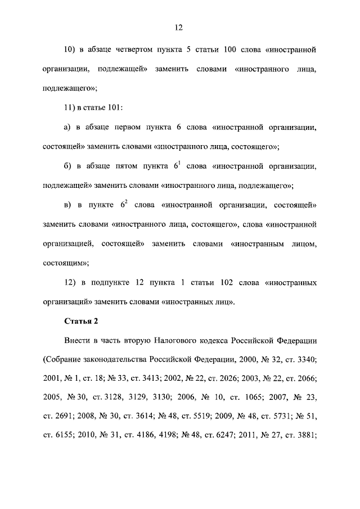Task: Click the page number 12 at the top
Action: point(179,27)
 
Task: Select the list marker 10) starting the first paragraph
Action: point(70,50)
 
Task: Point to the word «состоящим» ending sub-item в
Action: point(64,263)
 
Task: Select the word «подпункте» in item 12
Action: point(110,282)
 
